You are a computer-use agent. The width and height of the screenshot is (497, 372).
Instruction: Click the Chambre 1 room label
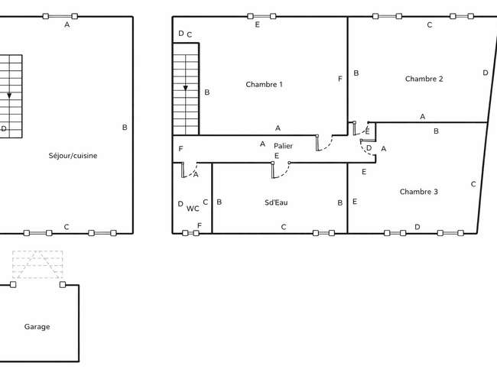(264, 85)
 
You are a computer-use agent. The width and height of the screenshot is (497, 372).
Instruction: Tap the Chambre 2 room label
(424, 79)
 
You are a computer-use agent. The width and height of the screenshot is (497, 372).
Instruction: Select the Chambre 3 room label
(419, 192)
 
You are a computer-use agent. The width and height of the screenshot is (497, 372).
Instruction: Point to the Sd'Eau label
(276, 202)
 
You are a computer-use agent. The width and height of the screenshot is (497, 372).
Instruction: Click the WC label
(193, 209)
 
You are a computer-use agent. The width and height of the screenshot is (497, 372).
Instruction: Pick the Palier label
(283, 146)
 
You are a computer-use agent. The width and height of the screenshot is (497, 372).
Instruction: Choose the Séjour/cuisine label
(73, 156)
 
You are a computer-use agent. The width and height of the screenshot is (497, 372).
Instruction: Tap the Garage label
(37, 327)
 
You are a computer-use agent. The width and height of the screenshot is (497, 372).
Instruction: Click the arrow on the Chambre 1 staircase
(186, 88)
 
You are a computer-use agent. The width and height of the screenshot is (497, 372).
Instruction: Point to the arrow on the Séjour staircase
(9, 95)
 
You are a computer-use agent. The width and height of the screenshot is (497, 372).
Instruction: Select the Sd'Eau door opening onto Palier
(281, 170)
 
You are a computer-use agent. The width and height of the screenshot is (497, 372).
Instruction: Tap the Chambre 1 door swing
(324, 143)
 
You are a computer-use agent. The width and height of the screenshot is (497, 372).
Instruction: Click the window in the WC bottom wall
(191, 233)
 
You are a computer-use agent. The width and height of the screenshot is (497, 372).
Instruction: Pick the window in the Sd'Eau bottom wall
(323, 233)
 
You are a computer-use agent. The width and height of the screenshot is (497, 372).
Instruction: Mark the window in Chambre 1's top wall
(261, 16)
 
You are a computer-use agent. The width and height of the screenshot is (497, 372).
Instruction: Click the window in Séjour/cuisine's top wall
(60, 16)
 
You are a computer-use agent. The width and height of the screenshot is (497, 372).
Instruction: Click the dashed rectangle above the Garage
(37, 264)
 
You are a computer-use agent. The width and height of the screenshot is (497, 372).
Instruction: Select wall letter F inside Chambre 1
(340, 79)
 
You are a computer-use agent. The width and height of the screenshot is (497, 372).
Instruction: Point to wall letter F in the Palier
(180, 149)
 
